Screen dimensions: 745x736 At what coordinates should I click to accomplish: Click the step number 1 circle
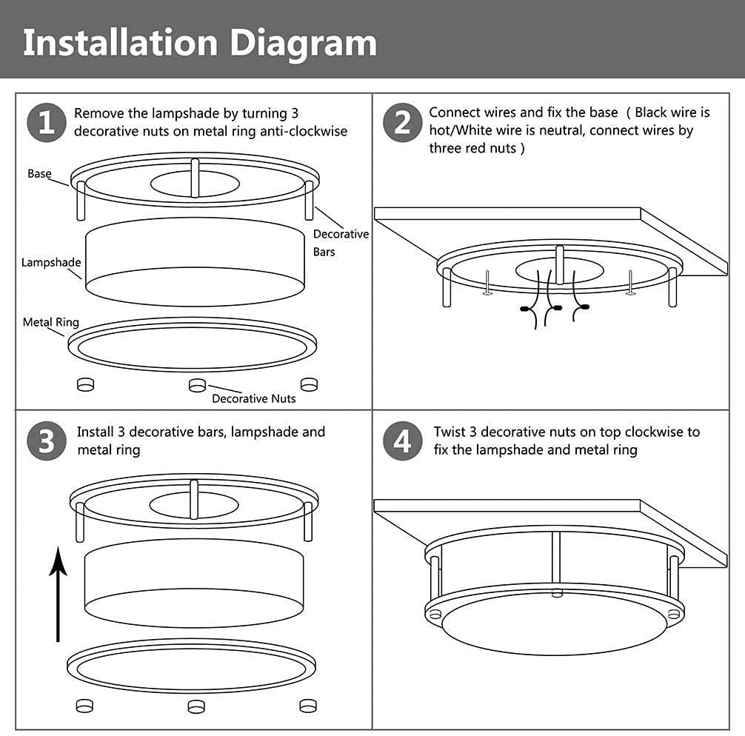click(47, 123)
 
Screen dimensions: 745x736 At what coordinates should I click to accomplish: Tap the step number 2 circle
click(402, 123)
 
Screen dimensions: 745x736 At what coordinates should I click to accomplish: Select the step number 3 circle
click(47, 441)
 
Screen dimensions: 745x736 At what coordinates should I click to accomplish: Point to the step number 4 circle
click(402, 441)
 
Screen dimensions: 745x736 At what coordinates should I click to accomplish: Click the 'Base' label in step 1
click(39, 173)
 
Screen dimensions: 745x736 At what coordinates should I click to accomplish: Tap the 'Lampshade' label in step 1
click(51, 262)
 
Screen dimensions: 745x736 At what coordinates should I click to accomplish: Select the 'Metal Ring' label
click(51, 322)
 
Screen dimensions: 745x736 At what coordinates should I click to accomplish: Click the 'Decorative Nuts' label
click(254, 398)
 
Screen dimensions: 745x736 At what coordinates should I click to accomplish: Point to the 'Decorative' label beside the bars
click(341, 234)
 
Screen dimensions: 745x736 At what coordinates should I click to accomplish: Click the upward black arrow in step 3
click(58, 594)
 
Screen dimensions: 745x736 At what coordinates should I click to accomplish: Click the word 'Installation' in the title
click(121, 43)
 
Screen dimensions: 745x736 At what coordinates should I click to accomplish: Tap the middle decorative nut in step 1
click(197, 385)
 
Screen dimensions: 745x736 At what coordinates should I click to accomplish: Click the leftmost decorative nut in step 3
click(84, 706)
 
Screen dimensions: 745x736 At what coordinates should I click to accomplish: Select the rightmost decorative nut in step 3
click(308, 706)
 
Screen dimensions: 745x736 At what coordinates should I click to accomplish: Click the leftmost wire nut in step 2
click(525, 309)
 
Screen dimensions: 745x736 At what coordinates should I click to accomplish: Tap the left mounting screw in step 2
click(487, 283)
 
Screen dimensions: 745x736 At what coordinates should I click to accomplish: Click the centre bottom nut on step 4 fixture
click(557, 593)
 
